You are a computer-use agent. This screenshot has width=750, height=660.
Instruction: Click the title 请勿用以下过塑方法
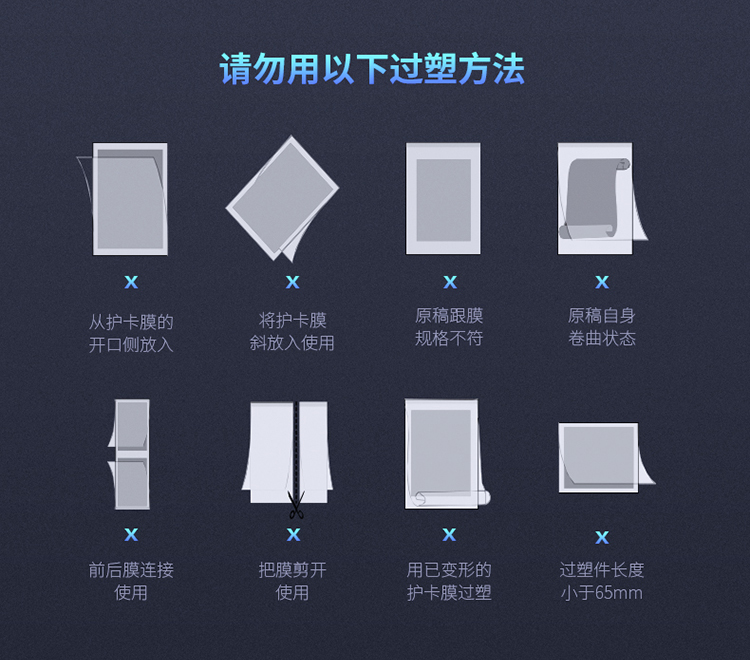pos(372,69)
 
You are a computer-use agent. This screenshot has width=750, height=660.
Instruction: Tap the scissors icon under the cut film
pos(296,505)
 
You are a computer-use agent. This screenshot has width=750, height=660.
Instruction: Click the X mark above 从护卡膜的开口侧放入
pos(131,282)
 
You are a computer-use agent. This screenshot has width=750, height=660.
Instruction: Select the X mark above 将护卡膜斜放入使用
pos(292,282)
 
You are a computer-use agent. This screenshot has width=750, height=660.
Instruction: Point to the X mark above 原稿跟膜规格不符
pos(450,282)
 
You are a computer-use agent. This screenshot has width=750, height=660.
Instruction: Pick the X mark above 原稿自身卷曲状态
pos(602,282)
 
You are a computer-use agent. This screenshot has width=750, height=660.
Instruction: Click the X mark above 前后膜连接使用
pos(131,534)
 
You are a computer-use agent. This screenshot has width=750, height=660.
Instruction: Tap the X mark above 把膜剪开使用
pos(293,534)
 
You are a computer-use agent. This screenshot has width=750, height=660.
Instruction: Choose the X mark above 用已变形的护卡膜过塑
pos(449,534)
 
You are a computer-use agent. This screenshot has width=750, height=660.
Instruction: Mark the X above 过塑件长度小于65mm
pos(602,537)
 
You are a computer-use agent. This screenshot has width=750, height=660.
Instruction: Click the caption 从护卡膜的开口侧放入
pos(131,333)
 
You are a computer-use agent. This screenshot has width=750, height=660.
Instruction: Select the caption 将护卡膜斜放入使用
pos(292,331)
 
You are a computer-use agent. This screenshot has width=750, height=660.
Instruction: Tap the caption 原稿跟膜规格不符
pos(449,327)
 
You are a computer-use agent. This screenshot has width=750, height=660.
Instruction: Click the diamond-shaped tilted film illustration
pos(282,198)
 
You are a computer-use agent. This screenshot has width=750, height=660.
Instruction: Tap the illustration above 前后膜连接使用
pos(129,454)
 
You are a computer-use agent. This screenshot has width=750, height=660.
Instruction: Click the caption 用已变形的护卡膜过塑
pos(449,581)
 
